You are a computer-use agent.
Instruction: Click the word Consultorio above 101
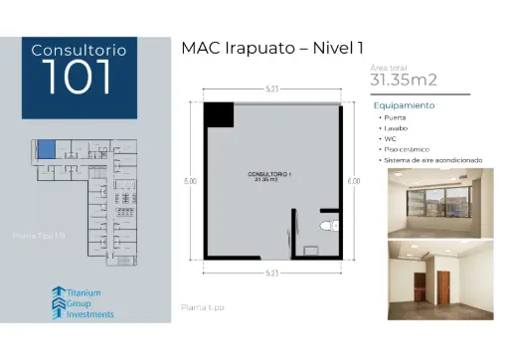click(x=80, y=49)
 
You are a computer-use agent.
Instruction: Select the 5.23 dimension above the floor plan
click(x=271, y=88)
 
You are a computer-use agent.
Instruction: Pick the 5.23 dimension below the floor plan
click(x=271, y=272)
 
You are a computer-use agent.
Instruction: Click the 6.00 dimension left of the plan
click(x=190, y=181)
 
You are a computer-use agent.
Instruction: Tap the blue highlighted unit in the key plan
click(x=46, y=150)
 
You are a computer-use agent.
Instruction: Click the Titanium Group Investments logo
click(x=83, y=302)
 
